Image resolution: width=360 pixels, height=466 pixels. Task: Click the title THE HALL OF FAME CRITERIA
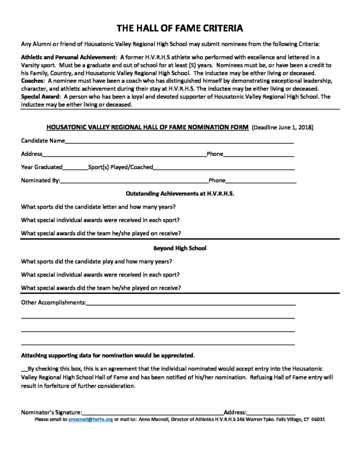tap(180, 28)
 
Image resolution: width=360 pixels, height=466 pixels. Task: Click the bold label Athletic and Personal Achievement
tap(68, 58)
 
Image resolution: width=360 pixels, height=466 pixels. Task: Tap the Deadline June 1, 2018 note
tap(283, 127)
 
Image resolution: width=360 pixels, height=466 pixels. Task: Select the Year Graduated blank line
tap(75, 168)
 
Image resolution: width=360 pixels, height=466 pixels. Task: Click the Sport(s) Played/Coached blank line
tap(223, 168)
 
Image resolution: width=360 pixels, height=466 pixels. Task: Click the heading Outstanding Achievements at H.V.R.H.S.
tap(180, 193)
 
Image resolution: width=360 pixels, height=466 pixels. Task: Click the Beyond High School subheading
tap(180, 248)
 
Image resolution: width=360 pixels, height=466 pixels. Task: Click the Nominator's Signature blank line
tap(152, 412)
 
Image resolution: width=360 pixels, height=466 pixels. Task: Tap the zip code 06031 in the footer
tap(318, 419)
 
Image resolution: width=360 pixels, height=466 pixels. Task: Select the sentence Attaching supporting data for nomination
tap(108, 355)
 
